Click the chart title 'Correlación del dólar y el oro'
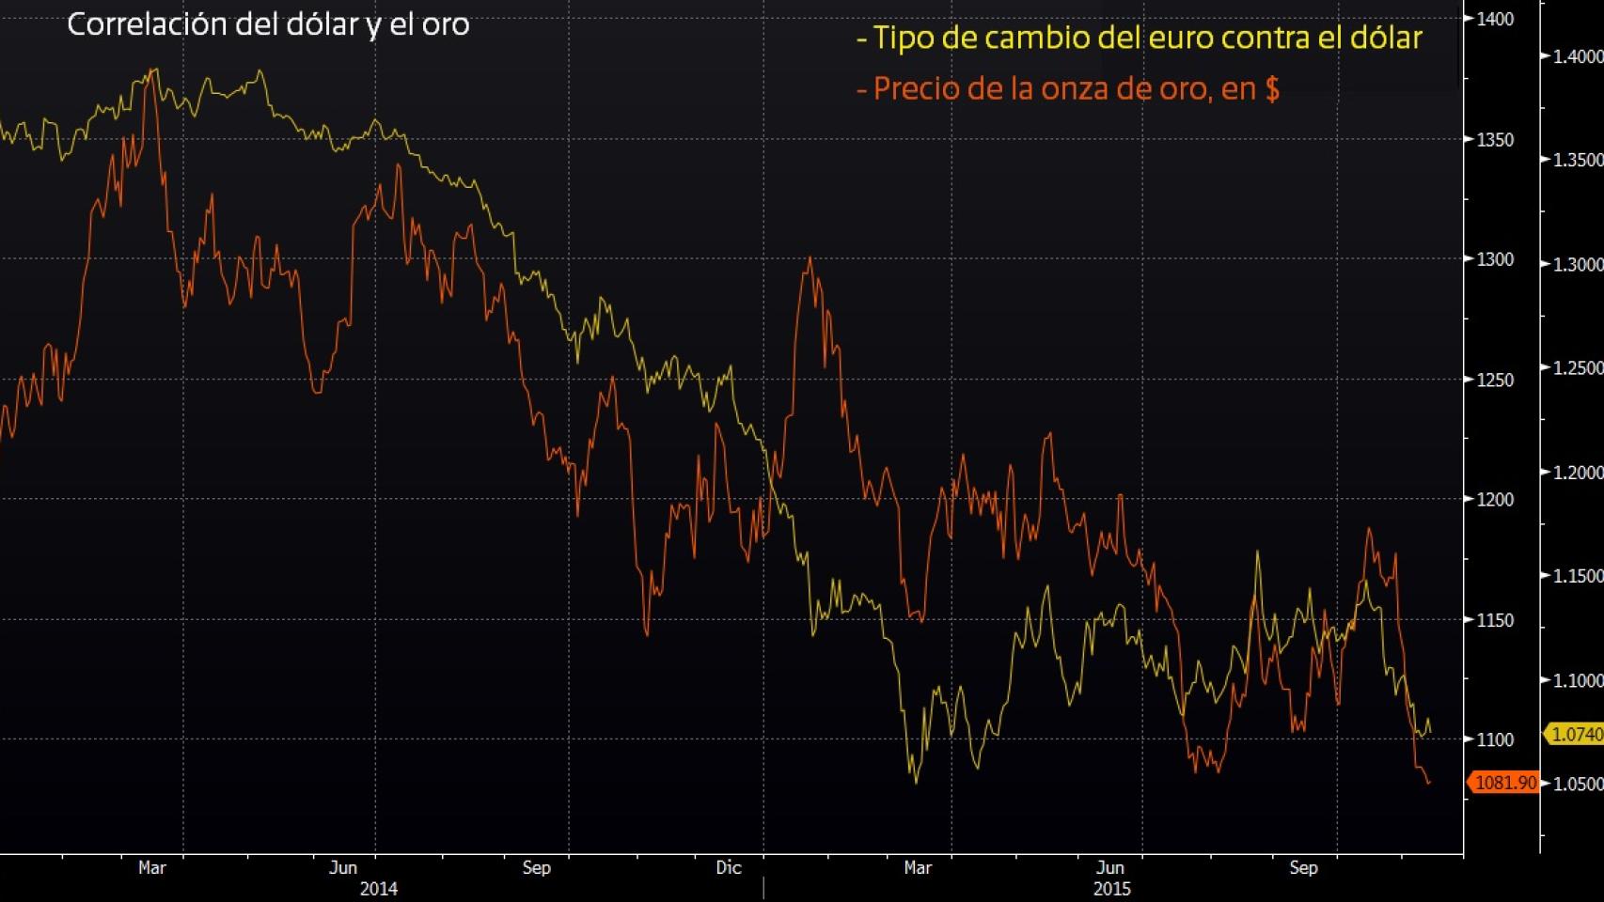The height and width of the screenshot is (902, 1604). pyautogui.click(x=268, y=24)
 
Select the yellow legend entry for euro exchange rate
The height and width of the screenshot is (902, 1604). pyautogui.click(x=1139, y=39)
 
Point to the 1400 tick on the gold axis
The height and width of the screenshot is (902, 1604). pyautogui.click(x=1496, y=19)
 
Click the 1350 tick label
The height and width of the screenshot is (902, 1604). pyautogui.click(x=1496, y=139)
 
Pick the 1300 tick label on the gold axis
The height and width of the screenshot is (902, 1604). pyautogui.click(x=1496, y=259)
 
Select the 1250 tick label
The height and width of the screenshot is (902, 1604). pyautogui.click(x=1496, y=380)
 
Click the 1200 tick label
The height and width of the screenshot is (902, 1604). pyautogui.click(x=1496, y=500)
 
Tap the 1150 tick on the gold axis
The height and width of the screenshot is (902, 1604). pyautogui.click(x=1496, y=620)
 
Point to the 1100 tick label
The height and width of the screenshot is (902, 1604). pyautogui.click(x=1496, y=739)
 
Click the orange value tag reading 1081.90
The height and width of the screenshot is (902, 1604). pyautogui.click(x=1504, y=783)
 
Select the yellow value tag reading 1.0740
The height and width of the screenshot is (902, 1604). pyautogui.click(x=1575, y=735)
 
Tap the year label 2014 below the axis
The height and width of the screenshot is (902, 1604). pyautogui.click(x=378, y=888)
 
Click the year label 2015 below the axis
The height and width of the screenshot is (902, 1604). pyautogui.click(x=1112, y=888)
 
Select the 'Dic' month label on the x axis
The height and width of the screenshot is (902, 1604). pyautogui.click(x=729, y=867)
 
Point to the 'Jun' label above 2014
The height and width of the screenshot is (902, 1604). pyautogui.click(x=343, y=867)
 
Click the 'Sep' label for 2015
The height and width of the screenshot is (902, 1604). pyautogui.click(x=1303, y=867)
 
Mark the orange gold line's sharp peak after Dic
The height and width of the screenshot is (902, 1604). pyautogui.click(x=810, y=259)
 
